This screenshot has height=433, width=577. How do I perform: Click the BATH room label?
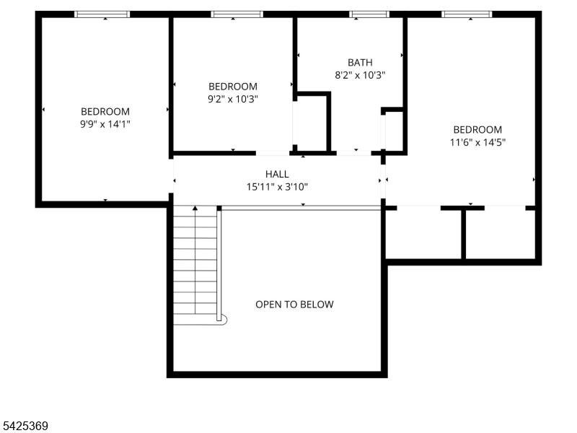360,62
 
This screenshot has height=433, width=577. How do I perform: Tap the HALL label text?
277,174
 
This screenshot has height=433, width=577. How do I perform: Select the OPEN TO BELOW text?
294,304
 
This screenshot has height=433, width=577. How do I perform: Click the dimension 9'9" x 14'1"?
105,124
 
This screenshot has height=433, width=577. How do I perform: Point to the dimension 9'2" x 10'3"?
233,99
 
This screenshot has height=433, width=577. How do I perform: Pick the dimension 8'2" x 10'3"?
360,75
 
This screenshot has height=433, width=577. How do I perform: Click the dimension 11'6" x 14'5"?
477,142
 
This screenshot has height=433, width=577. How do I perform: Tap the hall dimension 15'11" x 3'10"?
277,187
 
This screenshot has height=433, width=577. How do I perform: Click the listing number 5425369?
25,426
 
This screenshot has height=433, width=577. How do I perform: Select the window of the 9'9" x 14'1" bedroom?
102,14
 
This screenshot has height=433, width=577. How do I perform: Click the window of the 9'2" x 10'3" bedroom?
237,14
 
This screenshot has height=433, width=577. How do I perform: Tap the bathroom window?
369,14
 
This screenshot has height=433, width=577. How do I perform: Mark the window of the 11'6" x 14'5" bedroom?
467,14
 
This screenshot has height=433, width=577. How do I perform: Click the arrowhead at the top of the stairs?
195,209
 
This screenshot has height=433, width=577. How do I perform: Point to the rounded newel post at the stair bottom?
224,320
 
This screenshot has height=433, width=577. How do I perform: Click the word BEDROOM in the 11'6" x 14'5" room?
477,130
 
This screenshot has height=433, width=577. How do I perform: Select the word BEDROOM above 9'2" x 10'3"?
233,87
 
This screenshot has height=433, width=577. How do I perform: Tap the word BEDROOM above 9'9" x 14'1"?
105,112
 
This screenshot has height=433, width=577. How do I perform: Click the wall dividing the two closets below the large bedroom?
464,234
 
